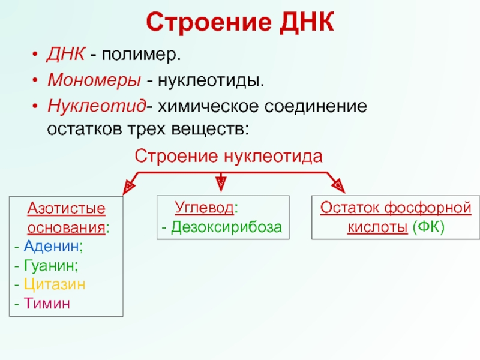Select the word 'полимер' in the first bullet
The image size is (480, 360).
coord(140,56)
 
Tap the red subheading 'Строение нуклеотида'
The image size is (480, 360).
coord(229,156)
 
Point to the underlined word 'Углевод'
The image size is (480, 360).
coord(204,208)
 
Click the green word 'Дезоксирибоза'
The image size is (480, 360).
coord(226,227)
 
